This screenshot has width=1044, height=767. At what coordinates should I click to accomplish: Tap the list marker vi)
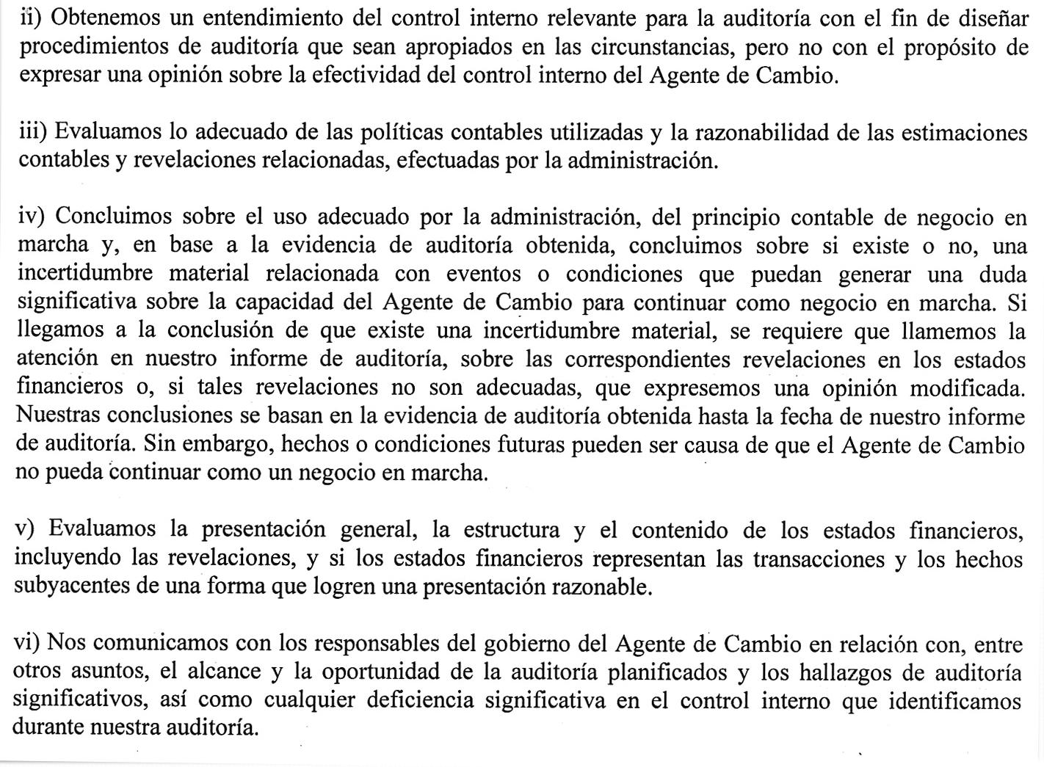tap(29, 644)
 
